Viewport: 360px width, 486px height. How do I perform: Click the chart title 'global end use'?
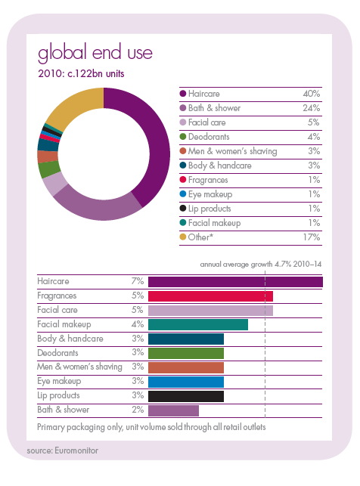(95, 52)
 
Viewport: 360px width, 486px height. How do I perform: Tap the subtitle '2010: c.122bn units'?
(81, 74)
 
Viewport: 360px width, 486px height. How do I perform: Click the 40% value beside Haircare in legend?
(312, 94)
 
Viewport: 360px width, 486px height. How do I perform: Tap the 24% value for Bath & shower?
(312, 108)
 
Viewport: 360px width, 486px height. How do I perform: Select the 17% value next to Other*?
(312, 237)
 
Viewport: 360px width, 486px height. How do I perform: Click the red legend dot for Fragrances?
(183, 179)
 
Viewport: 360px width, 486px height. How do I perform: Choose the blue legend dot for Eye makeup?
(183, 194)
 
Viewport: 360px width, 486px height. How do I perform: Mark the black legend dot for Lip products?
(183, 209)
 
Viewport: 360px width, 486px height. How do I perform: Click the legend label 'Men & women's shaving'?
(232, 151)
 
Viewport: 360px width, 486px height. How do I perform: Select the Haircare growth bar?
(235, 282)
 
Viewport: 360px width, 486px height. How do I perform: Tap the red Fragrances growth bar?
(210, 296)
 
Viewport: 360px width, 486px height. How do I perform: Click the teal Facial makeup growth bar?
(198, 325)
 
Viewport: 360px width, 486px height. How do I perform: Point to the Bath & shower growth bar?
(173, 410)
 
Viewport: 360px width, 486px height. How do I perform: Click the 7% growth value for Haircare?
(138, 281)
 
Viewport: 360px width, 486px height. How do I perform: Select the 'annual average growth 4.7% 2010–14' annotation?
(261, 264)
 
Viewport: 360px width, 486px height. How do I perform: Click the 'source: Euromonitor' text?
(63, 450)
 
